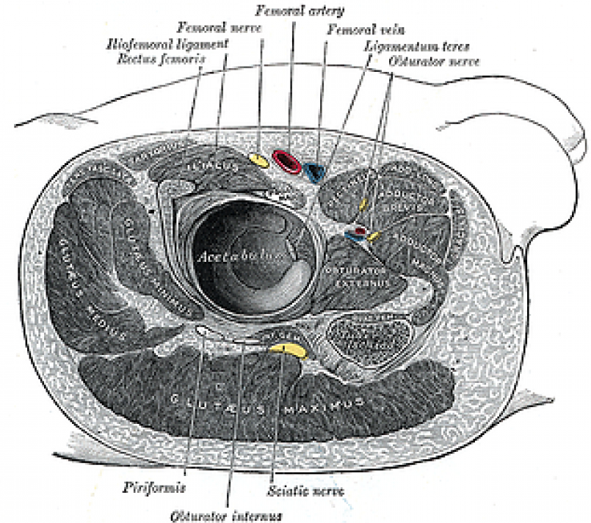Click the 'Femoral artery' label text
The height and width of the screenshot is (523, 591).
click(x=291, y=12)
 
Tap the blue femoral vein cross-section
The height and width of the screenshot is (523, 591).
click(x=316, y=172)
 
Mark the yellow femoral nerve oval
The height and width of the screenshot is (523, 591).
click(x=258, y=159)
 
